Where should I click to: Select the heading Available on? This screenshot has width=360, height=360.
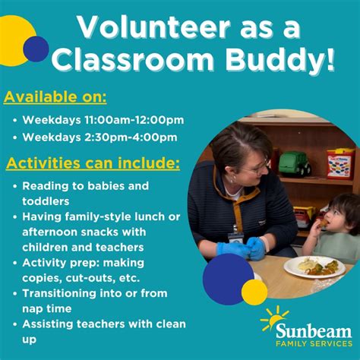tap(55, 97)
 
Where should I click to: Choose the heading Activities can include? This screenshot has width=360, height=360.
tap(93, 163)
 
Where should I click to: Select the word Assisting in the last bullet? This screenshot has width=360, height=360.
tap(49, 324)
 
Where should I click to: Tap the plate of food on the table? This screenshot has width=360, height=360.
tap(313, 266)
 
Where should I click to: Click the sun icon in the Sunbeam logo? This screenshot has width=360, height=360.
tap(273, 318)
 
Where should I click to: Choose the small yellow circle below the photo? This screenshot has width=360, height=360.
tap(254, 292)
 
